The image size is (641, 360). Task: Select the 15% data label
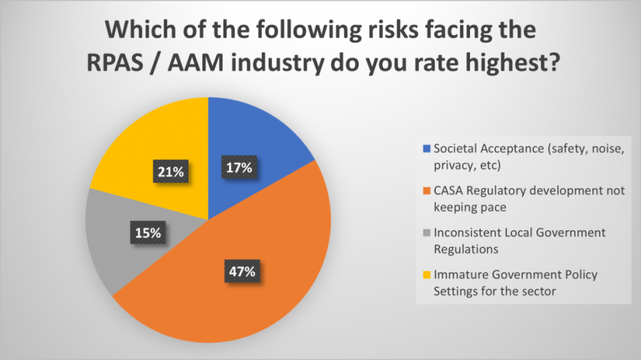[147, 233]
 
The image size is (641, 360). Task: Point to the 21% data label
[169, 173]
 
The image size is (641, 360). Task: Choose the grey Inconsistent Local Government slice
[114, 236]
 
